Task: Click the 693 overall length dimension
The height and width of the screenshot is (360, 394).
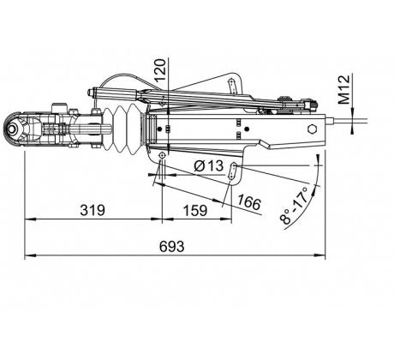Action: click(172, 246)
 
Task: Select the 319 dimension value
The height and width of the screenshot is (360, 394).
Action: click(93, 210)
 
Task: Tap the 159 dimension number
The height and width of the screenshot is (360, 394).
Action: click(195, 211)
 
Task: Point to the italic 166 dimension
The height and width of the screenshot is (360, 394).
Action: click(249, 202)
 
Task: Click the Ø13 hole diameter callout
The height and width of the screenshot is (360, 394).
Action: click(209, 165)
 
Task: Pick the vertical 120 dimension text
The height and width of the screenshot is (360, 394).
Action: click(160, 70)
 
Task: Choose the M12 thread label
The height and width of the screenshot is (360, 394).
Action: click(343, 89)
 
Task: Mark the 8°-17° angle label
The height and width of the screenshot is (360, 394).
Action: click(295, 205)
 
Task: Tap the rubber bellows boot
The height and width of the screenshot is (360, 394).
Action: click(122, 129)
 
